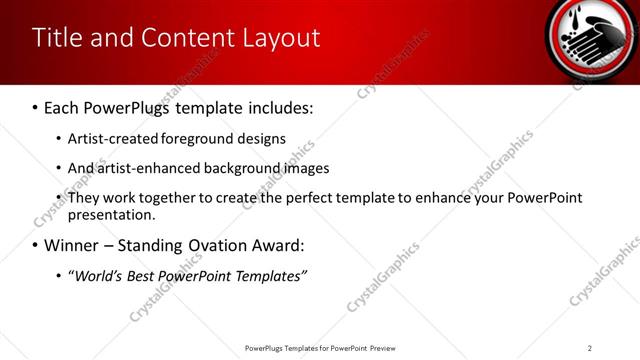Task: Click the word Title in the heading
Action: [56, 38]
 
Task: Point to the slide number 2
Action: [590, 348]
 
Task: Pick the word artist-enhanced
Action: [139, 168]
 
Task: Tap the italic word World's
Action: [97, 275]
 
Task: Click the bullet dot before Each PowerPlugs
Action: [36, 107]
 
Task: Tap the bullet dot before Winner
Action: [36, 246]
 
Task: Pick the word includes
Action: [278, 106]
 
